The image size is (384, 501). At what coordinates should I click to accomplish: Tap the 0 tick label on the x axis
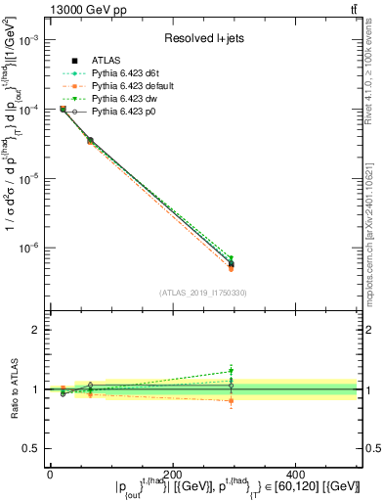coord(50,466)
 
